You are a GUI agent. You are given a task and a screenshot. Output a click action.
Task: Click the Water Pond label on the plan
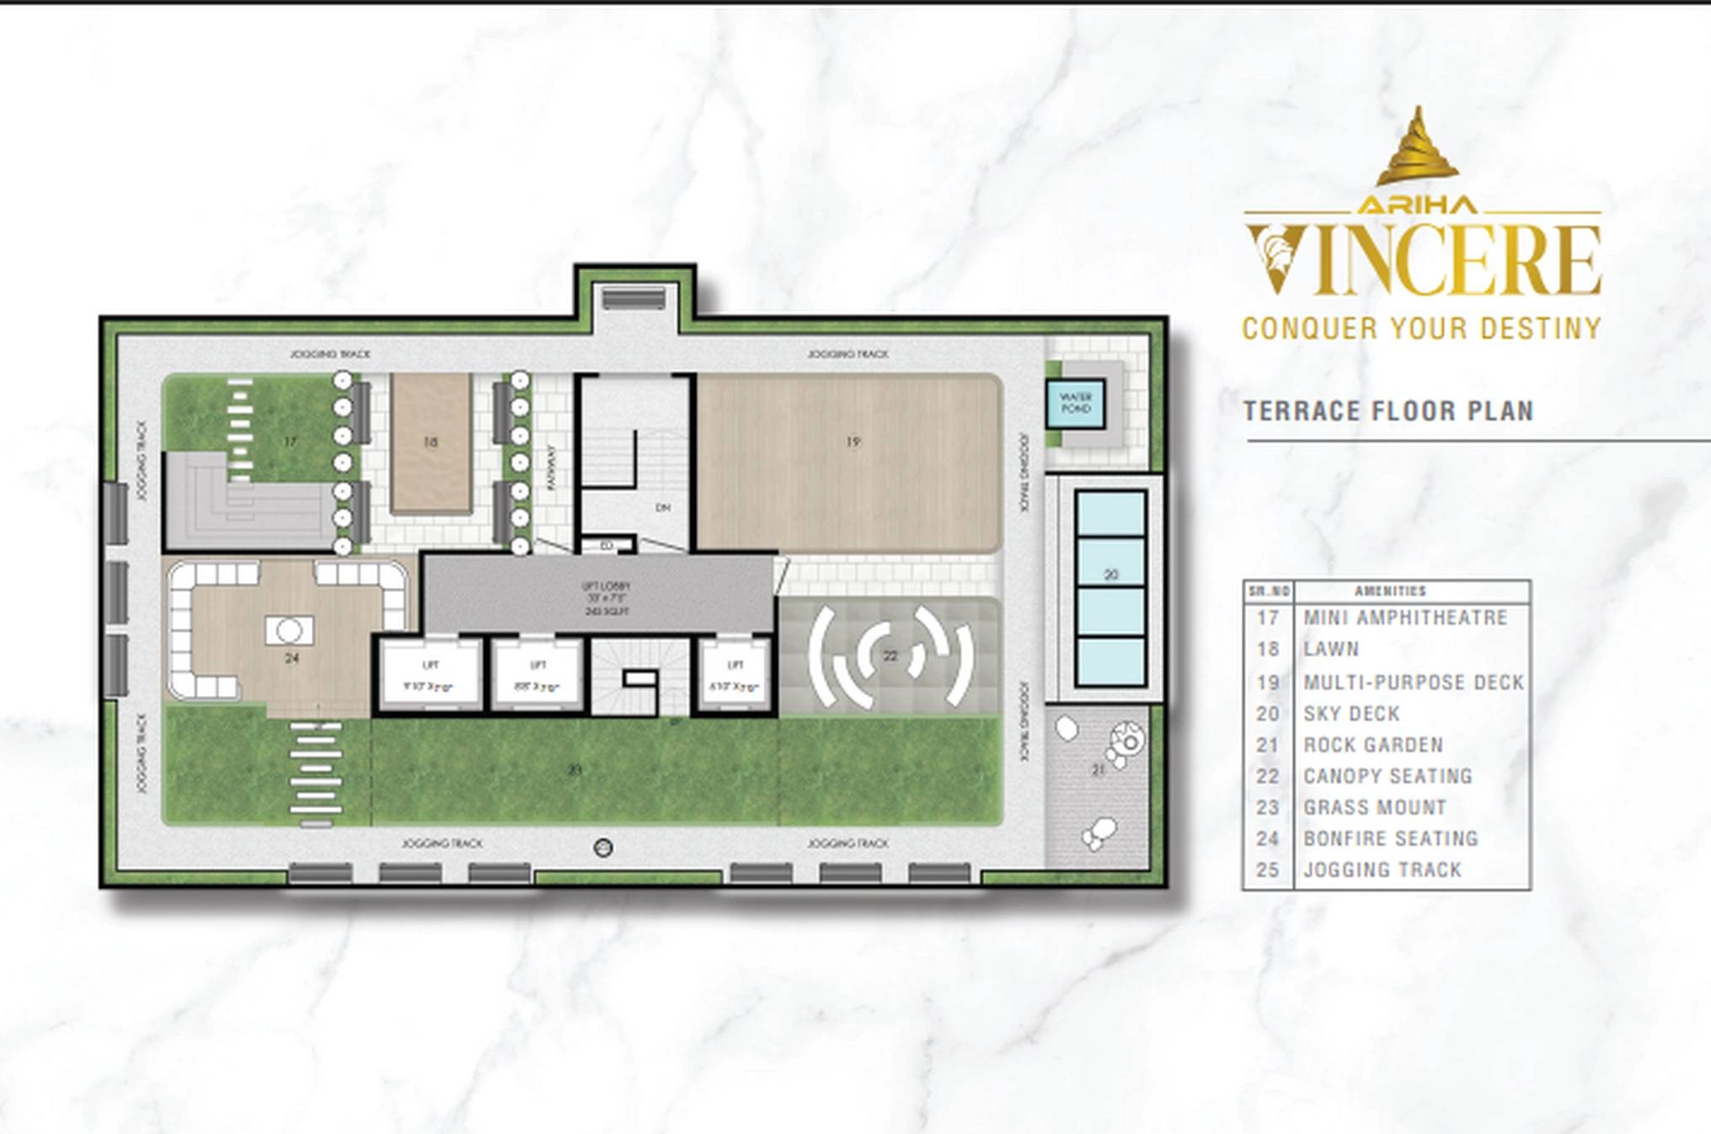pos(1075,403)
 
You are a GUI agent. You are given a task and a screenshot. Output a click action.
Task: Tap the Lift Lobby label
pos(606,597)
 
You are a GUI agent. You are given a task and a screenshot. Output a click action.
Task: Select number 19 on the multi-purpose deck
pos(853,441)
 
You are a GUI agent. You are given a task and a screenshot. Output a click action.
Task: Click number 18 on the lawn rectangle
pos(430,442)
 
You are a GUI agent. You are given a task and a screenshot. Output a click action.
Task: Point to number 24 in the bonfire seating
pos(291,658)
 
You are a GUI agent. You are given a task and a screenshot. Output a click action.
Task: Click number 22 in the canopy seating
pos(890,655)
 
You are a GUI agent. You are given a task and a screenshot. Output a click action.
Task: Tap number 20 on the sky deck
pos(1110,575)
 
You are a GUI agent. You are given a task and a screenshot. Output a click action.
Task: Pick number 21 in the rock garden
pos(1098,769)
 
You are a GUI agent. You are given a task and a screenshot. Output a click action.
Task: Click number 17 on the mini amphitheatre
pos(290,441)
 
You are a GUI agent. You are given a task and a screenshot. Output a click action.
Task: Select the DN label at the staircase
pos(663,507)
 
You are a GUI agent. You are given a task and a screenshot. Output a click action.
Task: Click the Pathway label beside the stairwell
pos(552,468)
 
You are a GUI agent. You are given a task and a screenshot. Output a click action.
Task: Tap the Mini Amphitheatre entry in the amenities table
pos(1405,618)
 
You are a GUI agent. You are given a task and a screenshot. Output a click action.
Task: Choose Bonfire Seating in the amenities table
pos(1391,838)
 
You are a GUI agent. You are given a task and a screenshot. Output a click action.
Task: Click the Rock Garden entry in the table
pos(1373,745)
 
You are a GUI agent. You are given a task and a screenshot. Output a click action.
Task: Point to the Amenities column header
pos(1390,591)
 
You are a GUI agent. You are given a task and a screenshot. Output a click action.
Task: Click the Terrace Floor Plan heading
pos(1388,411)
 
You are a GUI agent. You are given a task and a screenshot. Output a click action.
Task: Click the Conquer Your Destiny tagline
pos(1421,328)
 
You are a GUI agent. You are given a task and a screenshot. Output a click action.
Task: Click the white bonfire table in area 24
pos(289,630)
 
